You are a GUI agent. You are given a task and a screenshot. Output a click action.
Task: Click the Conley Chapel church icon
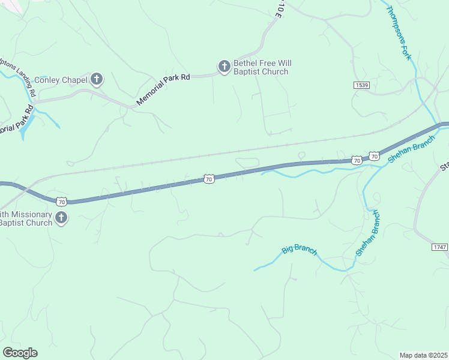pos(97,79)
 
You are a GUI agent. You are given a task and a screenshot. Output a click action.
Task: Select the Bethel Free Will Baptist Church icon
pos(224,67)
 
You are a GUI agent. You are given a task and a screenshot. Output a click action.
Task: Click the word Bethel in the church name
pos(246,63)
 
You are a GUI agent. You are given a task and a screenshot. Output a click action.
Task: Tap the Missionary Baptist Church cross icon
pos(61,218)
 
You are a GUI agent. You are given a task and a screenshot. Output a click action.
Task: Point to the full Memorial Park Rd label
pos(163,90)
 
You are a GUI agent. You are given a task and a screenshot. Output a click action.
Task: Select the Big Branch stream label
pos(300,249)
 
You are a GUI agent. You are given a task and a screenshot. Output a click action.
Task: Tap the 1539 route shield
pos(361,86)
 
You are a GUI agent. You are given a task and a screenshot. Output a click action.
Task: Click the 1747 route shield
pos(439,247)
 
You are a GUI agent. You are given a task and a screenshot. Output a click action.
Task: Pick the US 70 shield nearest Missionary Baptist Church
pos(61,200)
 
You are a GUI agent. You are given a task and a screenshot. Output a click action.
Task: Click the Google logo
pos(20,353)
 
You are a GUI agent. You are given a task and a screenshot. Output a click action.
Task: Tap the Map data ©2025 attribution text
pos(423,355)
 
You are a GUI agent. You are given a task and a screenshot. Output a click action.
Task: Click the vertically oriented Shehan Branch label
pos(367,233)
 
